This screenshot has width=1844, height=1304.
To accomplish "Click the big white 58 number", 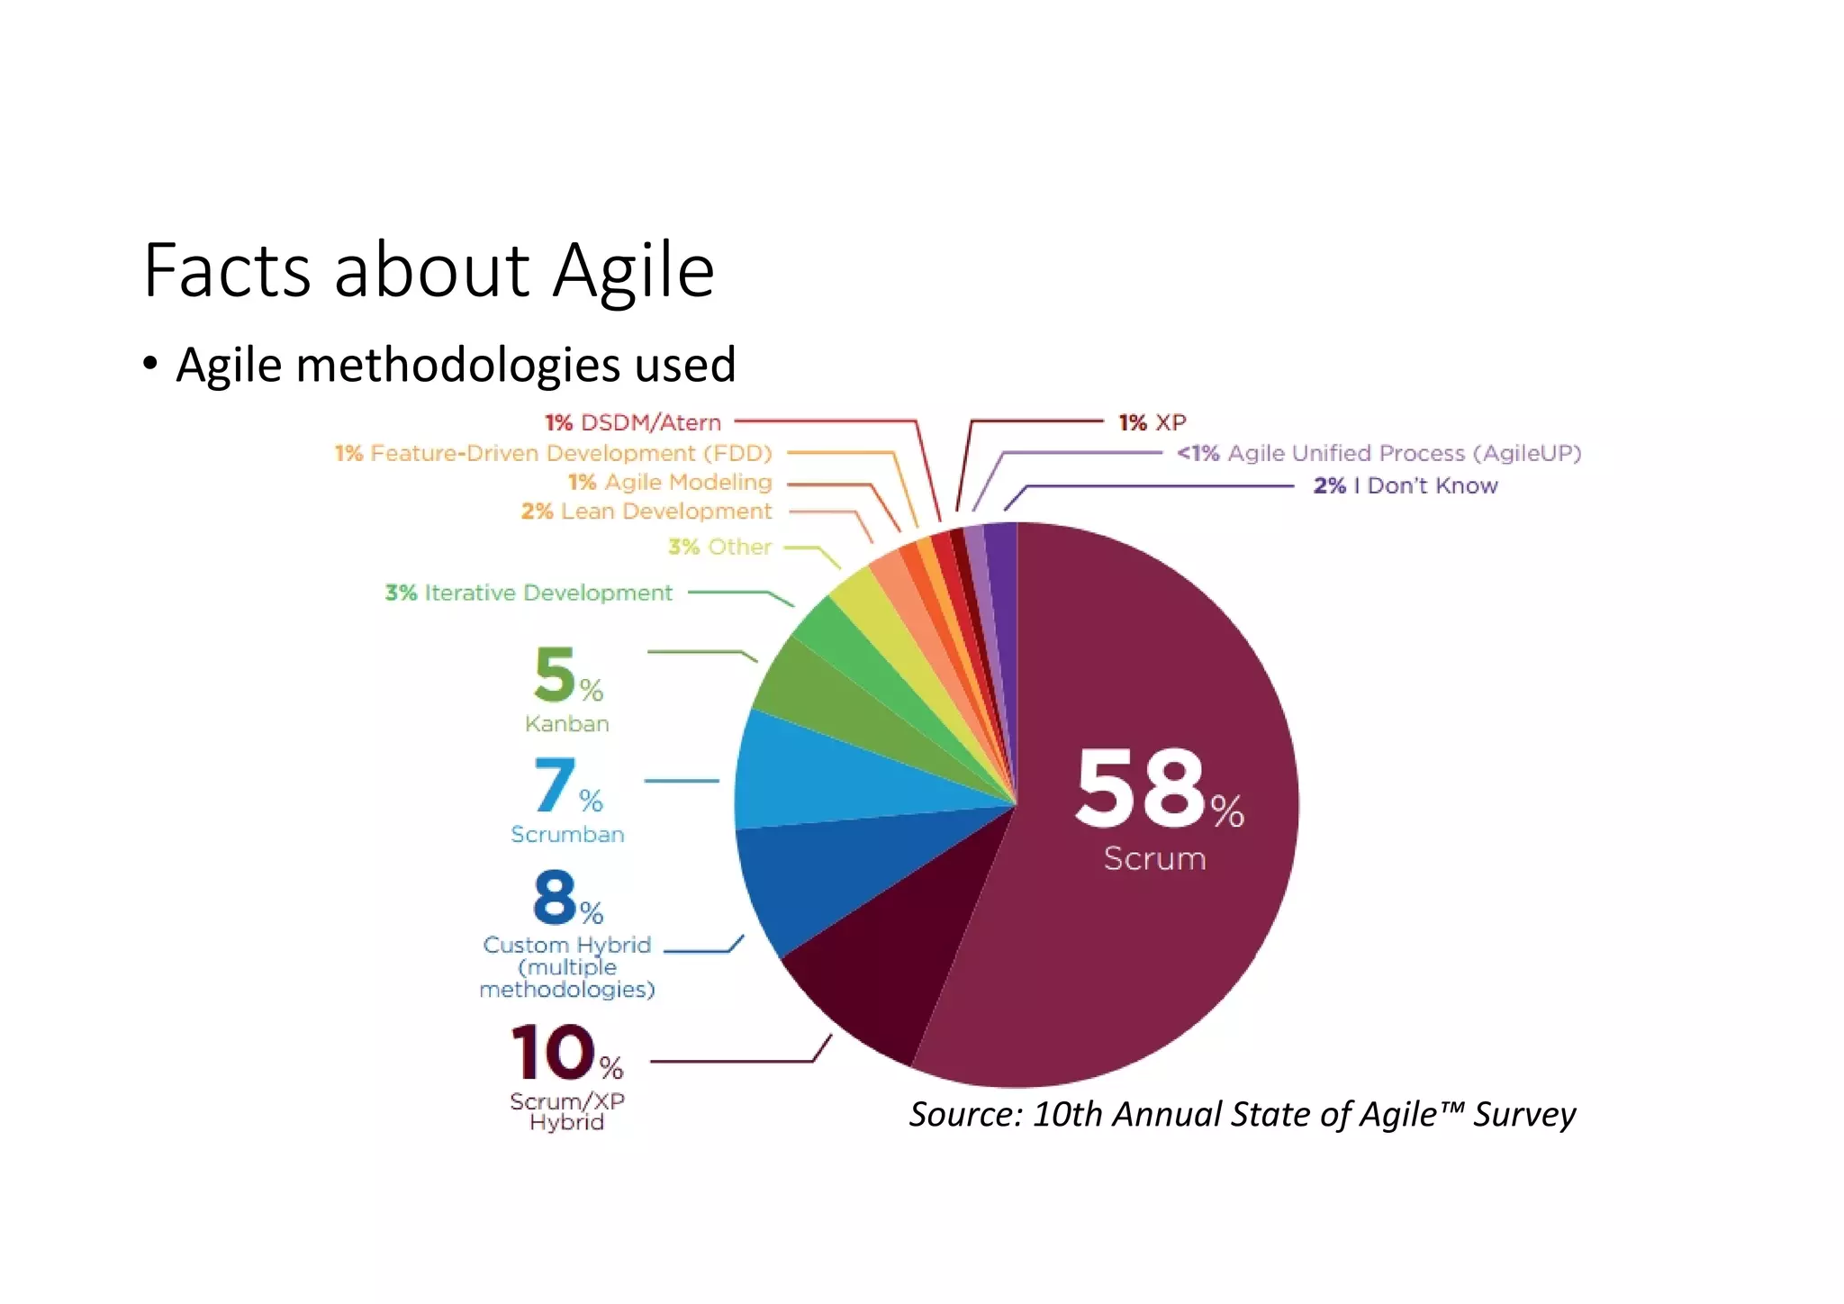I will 1140,789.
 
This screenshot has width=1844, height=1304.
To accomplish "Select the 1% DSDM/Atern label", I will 633,422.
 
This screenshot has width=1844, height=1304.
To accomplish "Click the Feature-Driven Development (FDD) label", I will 554,453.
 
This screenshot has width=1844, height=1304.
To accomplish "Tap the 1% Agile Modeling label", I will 670,483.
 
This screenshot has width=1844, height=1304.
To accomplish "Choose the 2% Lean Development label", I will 646,512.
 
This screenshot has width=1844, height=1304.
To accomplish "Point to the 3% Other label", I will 719,547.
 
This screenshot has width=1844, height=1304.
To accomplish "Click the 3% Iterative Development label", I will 529,593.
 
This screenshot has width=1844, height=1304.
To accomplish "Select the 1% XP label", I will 1152,422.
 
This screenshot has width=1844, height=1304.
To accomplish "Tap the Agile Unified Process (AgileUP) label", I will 1378,453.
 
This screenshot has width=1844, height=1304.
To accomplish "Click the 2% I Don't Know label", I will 1406,485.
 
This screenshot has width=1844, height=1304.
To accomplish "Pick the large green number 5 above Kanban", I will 555,675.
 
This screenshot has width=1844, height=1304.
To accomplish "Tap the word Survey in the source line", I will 1524,1115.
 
